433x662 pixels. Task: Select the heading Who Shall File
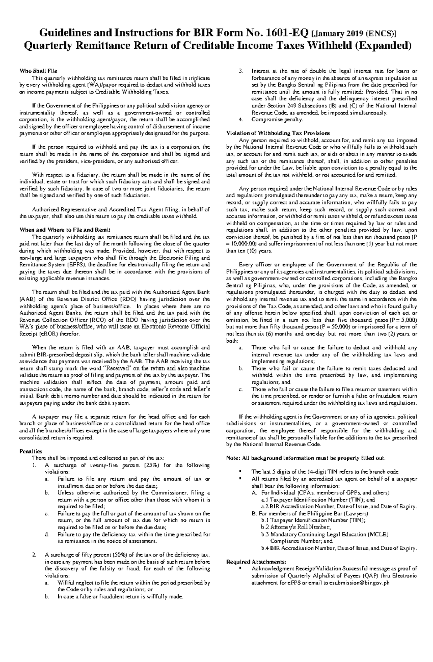[38, 71]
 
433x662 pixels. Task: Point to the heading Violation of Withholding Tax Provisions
[277, 133]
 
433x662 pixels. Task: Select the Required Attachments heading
[256, 562]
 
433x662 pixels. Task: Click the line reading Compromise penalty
[277, 119]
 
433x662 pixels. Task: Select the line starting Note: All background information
[306, 458]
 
